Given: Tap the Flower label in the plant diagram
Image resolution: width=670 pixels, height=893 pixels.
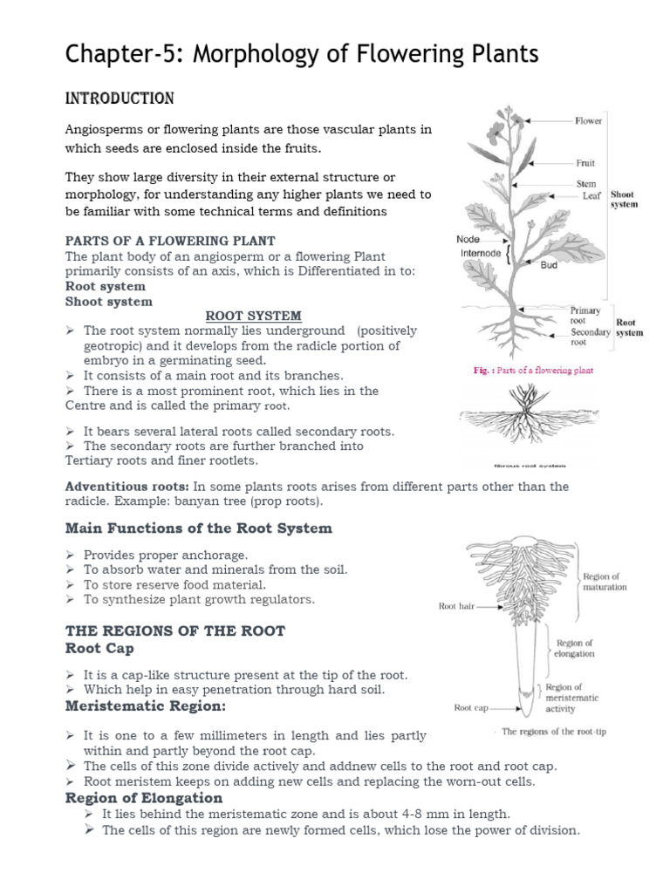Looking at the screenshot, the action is (x=588, y=121).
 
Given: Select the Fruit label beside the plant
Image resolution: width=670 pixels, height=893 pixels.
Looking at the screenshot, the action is (x=585, y=163).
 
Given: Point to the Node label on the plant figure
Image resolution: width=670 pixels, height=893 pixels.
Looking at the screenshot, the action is (x=469, y=238).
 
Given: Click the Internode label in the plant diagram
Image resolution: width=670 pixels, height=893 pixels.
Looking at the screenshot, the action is (x=481, y=253).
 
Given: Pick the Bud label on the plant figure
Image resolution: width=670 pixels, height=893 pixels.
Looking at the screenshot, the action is (x=549, y=264).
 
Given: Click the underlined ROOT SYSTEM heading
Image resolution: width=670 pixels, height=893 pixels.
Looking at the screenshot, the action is (x=253, y=316).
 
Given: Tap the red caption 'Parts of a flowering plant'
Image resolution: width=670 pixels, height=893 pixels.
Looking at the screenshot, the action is (x=534, y=370).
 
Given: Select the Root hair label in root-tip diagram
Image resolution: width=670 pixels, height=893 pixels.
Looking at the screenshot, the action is (x=456, y=605).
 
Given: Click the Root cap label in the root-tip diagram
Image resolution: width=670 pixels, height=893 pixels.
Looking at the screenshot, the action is (x=470, y=708).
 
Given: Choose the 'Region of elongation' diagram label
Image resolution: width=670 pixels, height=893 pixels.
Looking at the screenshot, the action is (x=574, y=648).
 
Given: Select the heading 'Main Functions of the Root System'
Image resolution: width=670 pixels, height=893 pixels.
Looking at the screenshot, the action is (x=199, y=528).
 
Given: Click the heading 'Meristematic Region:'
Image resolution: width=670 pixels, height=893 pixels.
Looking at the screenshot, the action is (x=146, y=705).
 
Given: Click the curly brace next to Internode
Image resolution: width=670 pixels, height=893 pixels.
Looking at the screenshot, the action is (x=509, y=252).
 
